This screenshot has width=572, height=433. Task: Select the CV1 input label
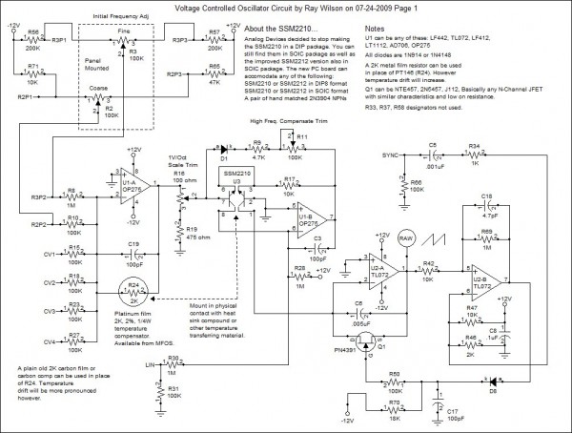(x=50, y=255)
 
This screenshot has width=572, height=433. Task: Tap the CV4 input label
(x=50, y=341)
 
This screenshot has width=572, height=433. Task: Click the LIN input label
(x=149, y=363)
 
